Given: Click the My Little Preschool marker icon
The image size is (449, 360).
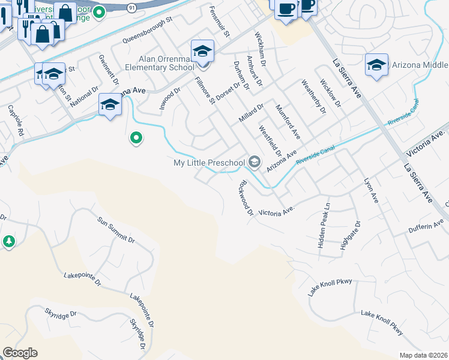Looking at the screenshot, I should point(255,162).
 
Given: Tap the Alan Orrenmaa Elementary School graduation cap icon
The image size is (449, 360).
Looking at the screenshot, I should point(202,50).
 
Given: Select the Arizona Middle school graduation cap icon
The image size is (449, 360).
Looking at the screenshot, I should point(376,65).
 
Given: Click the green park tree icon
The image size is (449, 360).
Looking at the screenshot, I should point(8,241).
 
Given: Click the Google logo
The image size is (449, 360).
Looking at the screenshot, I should point(20,353).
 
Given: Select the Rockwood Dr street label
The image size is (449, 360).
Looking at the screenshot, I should point(246,198).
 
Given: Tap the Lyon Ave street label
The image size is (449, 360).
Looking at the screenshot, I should point(372,190).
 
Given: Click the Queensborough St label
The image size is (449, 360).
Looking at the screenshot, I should point(147,30).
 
